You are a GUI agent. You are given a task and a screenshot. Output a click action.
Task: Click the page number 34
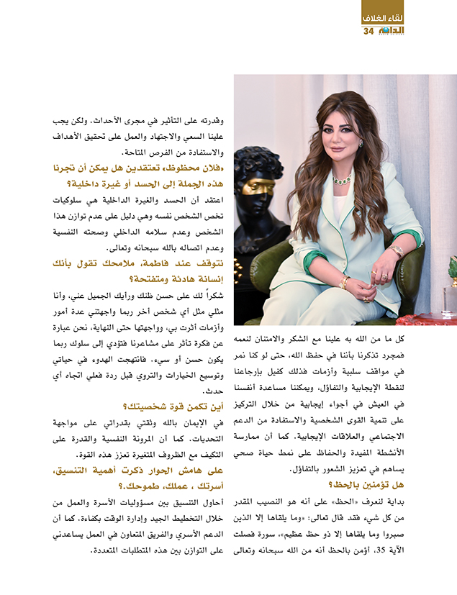368,31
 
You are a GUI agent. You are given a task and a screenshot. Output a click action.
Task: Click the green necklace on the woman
341,178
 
